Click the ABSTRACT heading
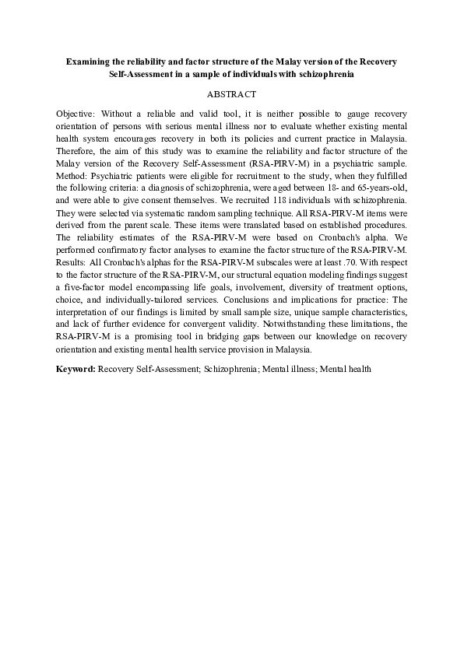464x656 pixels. click(x=231, y=94)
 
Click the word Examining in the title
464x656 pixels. click(x=88, y=60)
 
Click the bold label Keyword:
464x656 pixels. click(x=76, y=367)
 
